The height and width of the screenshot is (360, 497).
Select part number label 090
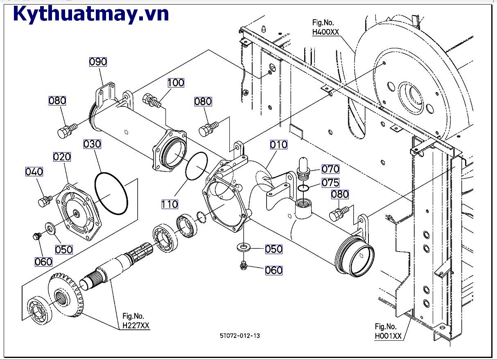coord(98,62)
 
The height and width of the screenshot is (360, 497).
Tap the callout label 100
coord(176,83)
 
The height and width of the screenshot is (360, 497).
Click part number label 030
coord(92,144)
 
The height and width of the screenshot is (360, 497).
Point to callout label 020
coord(62,157)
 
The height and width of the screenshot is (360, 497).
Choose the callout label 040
coord(34,172)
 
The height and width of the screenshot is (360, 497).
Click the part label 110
coord(169,204)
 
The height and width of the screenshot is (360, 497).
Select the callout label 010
coord(278,144)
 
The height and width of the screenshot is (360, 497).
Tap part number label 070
coord(330,169)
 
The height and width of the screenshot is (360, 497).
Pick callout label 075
coord(330,182)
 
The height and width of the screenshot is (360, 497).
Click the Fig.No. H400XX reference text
coord(325,28)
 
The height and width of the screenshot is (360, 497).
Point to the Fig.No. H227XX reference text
coord(136,321)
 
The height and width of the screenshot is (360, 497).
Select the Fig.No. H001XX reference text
coord(388,331)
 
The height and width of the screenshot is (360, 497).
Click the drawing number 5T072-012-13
coord(239,336)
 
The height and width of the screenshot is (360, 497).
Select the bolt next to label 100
coord(151,101)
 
